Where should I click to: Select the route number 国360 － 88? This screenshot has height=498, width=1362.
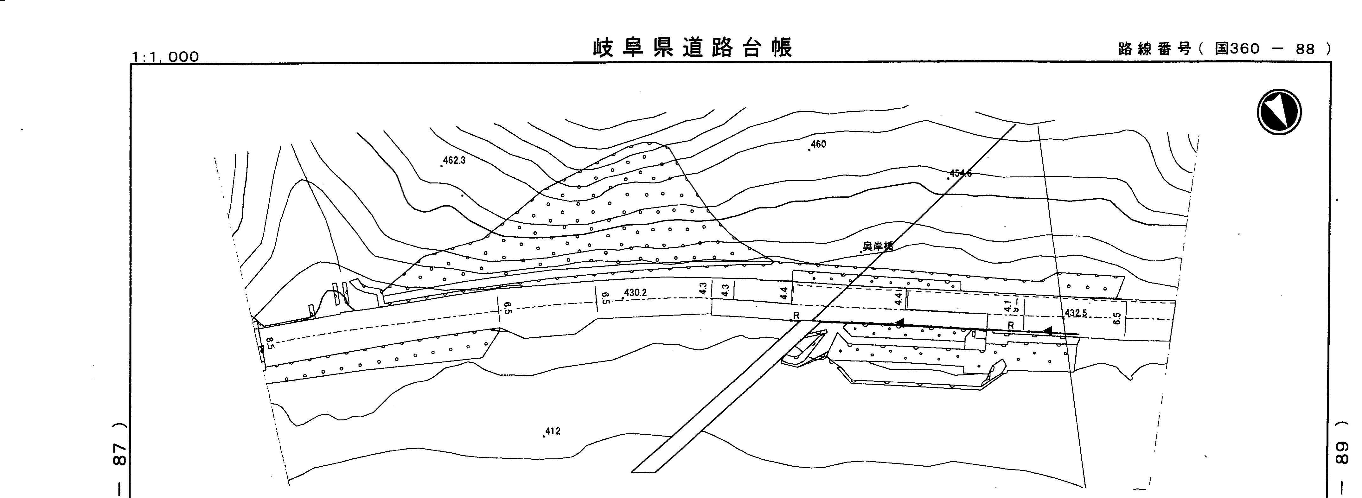coord(1274,49)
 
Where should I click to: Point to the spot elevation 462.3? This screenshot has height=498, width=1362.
coord(454,160)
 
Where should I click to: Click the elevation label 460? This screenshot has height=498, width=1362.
coord(818,144)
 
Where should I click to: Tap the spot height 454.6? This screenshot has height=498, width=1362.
coord(960,173)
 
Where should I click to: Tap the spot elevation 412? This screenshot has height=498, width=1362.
coord(552,431)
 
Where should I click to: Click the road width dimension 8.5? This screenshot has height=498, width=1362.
coord(270,344)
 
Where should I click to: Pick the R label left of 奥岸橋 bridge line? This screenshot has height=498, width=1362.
coord(796,316)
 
